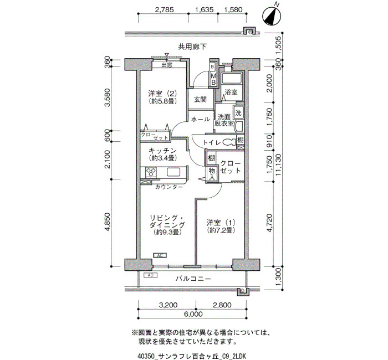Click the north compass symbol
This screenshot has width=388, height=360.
tap(272, 16)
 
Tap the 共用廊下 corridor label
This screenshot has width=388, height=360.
tap(192, 47)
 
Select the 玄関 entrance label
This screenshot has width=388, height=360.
tap(200, 99)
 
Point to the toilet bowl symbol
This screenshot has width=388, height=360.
tap(229, 143)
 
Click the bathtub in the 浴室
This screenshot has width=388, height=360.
tap(232, 79)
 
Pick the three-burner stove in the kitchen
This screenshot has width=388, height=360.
tap(151, 172)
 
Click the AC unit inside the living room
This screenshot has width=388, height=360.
tap(160, 255)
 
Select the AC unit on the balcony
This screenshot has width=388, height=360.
tap(150, 275)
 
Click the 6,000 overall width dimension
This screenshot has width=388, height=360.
tap(193, 314)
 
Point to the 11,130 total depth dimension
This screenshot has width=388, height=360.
tap(279, 165)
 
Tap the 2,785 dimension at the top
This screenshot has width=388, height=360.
tap(164, 9)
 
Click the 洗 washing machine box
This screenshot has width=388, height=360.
tap(238, 112)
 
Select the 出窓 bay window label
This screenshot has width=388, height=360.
tap(167, 65)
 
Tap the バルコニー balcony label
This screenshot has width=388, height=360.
tap(193, 279)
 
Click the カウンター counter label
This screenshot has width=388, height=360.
tap(169, 187)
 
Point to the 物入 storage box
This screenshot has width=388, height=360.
tap(212, 174)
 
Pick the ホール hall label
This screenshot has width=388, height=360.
tap(201, 119)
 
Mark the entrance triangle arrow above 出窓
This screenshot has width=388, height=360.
tap(167, 55)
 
